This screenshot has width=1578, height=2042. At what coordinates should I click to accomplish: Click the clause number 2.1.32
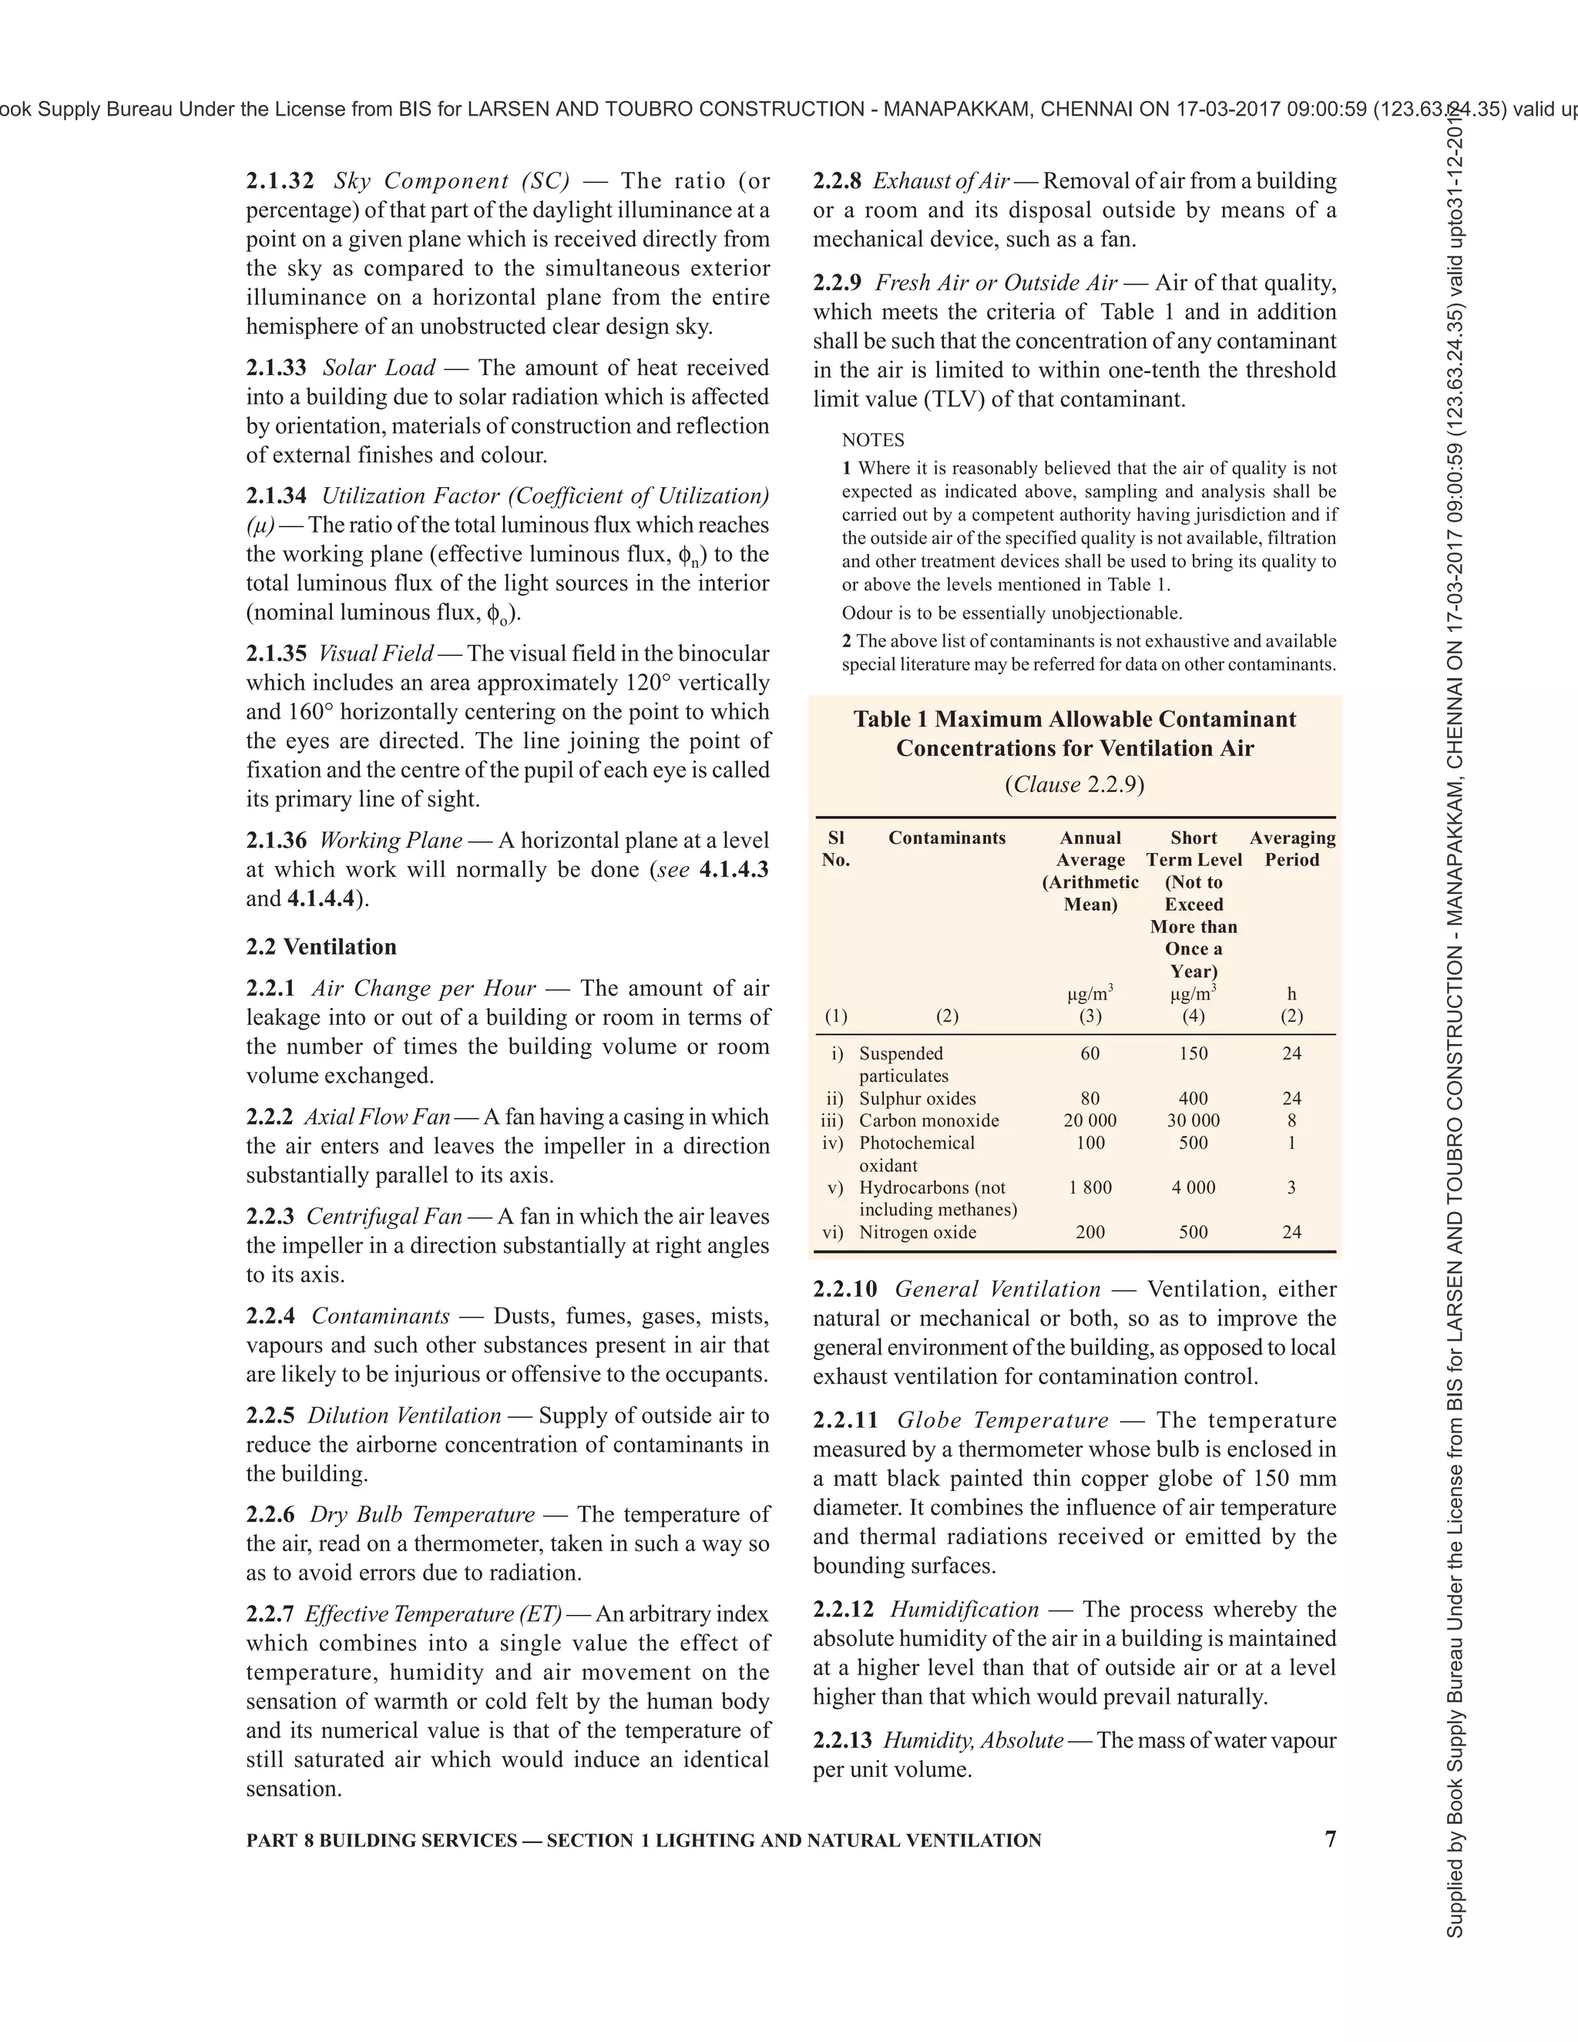(280, 180)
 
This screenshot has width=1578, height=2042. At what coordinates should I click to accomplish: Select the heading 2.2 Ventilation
(321, 946)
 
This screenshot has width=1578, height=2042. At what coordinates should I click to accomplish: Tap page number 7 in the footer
(1330, 1839)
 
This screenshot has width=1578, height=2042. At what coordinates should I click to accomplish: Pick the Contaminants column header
(946, 838)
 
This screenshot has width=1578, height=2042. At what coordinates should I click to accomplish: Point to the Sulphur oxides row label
(917, 1099)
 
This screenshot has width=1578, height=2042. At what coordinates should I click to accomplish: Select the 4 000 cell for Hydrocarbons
(1193, 1187)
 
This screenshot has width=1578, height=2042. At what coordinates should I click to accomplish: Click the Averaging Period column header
(1292, 848)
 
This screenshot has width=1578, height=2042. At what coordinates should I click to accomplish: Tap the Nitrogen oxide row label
(917, 1232)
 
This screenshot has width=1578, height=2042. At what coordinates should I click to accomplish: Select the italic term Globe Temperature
(1002, 1420)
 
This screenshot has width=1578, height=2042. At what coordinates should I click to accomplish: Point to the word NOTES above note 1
(872, 439)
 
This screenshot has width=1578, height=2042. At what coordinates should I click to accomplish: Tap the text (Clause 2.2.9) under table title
(1074, 784)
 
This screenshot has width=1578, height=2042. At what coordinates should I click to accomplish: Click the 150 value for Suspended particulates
(1193, 1053)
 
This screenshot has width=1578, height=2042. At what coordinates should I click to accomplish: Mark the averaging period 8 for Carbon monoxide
(1291, 1120)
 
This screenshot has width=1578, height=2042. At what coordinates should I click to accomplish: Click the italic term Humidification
(964, 1609)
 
